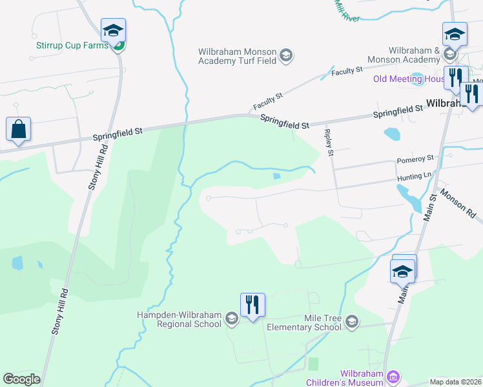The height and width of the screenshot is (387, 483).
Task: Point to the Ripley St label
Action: [329, 143]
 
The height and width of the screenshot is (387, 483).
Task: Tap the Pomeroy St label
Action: [416, 158]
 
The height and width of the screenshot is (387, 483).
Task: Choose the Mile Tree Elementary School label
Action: [304, 323]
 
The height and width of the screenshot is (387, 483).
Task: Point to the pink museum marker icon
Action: [393, 377]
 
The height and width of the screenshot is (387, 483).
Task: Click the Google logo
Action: [21, 379]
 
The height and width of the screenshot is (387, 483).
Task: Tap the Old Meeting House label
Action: [408, 79]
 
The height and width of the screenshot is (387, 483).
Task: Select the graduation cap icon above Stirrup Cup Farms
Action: [113, 31]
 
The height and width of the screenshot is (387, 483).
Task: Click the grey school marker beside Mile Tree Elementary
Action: [352, 321]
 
